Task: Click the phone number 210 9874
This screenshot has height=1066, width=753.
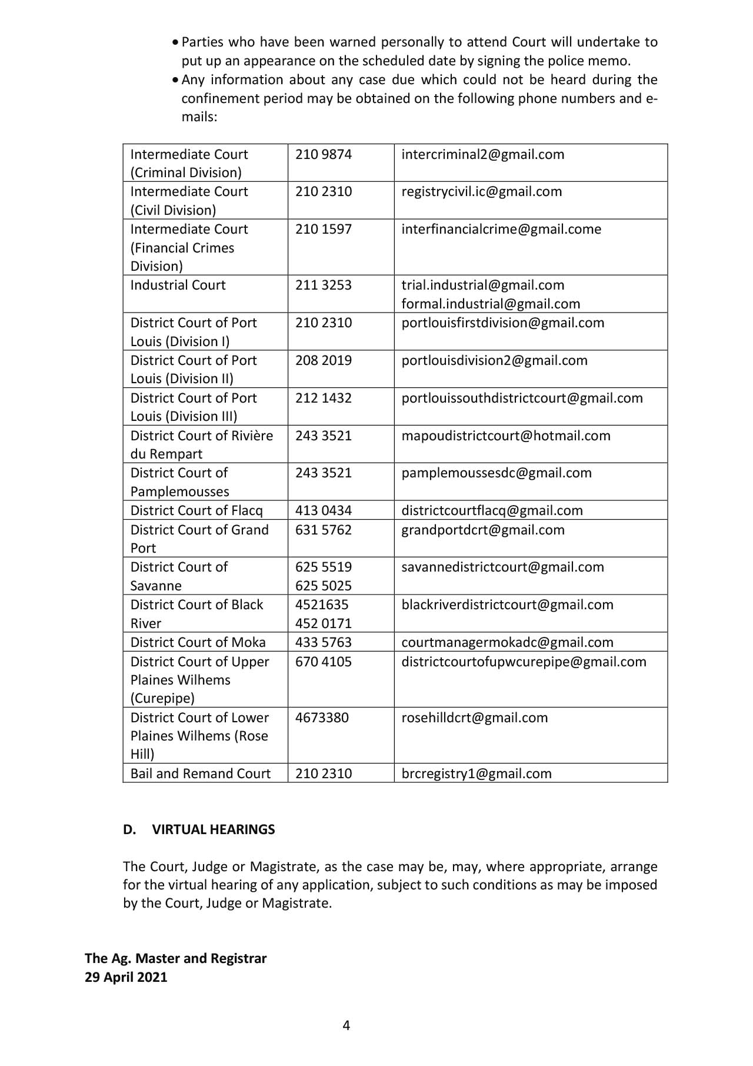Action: point(324,154)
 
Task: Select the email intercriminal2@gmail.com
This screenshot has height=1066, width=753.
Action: point(482,154)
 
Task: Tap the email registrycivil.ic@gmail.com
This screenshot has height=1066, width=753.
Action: point(481,191)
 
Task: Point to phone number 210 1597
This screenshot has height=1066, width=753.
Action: point(324,229)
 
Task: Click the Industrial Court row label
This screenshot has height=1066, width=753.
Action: point(178,285)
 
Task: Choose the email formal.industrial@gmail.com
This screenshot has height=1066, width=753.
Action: point(491,304)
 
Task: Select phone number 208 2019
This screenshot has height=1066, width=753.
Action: point(324,360)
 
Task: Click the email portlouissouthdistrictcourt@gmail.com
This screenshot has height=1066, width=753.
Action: point(522,398)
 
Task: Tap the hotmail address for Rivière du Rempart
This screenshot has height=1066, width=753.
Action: point(506,436)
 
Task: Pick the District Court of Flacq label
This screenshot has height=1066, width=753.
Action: point(196,510)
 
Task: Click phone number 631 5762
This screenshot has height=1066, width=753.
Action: point(324,530)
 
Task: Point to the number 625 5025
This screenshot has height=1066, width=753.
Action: point(324,586)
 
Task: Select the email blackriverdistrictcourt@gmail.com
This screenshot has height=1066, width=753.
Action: point(507,605)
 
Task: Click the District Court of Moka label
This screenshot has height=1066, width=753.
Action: point(198,642)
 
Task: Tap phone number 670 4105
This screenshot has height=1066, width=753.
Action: point(324,662)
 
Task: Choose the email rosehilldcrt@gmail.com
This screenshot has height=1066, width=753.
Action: point(474,718)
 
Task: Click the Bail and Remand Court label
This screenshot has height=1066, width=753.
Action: point(200,773)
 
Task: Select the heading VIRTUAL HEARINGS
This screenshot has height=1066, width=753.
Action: point(213,829)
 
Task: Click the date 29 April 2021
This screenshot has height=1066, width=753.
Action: point(126,977)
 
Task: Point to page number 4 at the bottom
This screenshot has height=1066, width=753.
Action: point(346,1025)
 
